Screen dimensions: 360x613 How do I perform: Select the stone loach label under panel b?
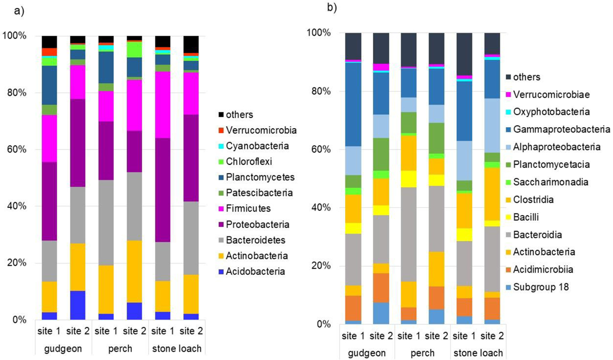(x=479, y=352)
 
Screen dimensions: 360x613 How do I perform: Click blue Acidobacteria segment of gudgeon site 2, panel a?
(x=78, y=305)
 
